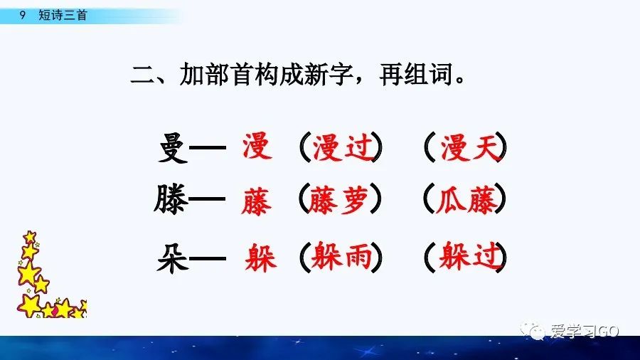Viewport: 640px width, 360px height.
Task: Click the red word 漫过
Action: point(341,148)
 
